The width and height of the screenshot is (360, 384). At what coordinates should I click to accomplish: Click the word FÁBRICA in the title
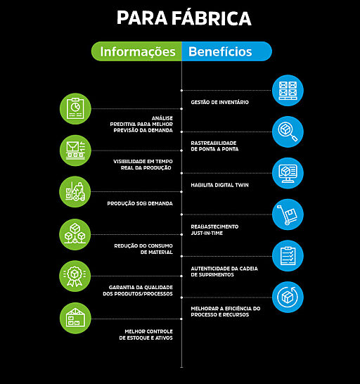(212, 18)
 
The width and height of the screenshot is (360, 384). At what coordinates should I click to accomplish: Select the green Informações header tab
(136, 51)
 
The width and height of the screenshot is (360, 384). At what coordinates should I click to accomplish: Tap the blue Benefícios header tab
(227, 51)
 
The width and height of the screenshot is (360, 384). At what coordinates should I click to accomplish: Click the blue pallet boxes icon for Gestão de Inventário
(288, 90)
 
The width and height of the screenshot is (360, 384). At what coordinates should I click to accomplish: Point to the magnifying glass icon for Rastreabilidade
(288, 132)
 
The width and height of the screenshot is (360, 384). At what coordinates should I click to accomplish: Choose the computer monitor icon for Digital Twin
(288, 173)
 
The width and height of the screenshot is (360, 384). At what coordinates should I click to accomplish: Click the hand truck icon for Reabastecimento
(288, 215)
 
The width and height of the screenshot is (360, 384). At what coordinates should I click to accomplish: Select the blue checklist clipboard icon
(288, 256)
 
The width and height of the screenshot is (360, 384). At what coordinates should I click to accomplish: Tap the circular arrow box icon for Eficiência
(288, 297)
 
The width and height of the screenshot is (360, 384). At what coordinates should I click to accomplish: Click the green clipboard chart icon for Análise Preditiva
(75, 109)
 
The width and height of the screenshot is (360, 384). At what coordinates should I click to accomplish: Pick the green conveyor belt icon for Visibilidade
(75, 151)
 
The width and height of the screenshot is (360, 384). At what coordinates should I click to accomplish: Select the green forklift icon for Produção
(75, 192)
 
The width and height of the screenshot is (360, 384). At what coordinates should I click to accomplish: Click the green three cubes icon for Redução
(75, 234)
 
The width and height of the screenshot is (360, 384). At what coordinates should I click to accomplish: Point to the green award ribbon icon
(75, 276)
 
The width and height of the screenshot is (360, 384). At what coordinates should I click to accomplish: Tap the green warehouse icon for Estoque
(75, 318)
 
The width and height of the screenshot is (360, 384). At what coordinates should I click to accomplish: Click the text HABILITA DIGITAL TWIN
(219, 185)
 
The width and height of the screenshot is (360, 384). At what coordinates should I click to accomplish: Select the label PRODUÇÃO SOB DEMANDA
(140, 203)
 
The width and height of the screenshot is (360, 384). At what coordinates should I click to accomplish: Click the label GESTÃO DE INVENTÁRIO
(219, 102)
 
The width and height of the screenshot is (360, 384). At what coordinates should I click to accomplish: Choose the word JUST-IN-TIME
(207, 233)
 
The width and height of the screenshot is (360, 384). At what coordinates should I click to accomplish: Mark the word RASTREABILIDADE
(214, 143)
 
